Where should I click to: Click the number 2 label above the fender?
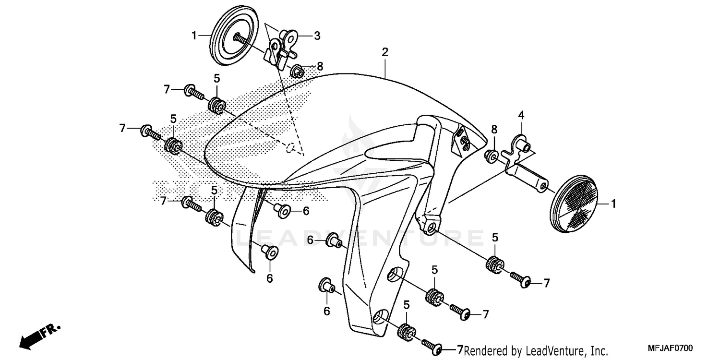[384, 52]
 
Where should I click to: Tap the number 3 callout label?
[317, 36]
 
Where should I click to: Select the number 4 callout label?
[520, 115]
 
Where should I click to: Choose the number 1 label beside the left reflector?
[194, 36]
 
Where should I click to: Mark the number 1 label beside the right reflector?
[613, 204]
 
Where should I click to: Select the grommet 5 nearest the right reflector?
[494, 264]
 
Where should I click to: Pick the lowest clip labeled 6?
[326, 286]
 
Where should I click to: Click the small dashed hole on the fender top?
[290, 149]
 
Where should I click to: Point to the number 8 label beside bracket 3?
[320, 67]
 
